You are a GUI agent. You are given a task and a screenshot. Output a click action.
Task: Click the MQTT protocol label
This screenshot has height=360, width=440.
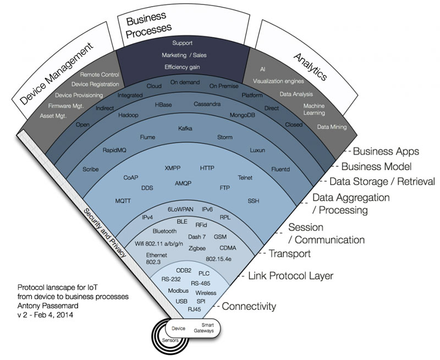123,201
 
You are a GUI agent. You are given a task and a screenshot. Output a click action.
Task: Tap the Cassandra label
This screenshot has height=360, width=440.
207,103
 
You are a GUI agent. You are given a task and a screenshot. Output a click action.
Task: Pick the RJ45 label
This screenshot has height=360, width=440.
194,309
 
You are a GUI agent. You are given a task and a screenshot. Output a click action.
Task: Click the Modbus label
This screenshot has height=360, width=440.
178,290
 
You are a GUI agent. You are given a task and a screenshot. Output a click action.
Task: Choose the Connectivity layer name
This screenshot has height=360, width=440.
249,306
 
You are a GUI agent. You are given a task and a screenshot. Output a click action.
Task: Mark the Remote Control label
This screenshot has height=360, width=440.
100,74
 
